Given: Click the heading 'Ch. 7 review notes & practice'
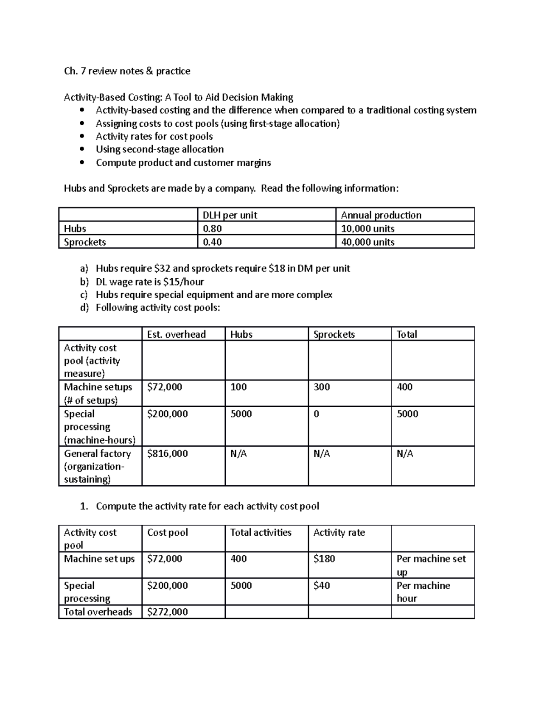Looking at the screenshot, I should coord(127,71).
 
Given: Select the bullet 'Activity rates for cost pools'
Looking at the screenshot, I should coord(154,136).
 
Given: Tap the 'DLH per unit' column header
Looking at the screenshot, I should coord(230,215).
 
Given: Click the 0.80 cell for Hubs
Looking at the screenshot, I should coord(212,228).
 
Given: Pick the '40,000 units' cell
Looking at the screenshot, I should coord(368,242).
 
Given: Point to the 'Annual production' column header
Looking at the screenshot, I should coord(381,215).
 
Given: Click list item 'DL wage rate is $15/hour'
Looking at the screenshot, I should coord(150,281).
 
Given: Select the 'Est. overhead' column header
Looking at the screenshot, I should coord(176,335).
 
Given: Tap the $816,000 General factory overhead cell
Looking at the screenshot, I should coord(167,454).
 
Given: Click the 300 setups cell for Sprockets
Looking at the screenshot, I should coord(321,387).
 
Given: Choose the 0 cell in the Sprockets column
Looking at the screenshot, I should coord(316,414).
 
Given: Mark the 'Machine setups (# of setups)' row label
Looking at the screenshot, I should coord(98,393).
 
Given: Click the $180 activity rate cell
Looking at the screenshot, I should coord(324,558).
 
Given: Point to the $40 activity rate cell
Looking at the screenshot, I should coord(321,585).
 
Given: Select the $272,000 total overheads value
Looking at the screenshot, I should coord(167,611).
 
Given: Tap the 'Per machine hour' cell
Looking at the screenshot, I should coord(423,592).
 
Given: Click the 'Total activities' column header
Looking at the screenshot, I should coord(261,532).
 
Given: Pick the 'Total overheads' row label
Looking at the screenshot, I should coord(98,611).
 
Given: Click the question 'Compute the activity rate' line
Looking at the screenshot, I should coord(207,506).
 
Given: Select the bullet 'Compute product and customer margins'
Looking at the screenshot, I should coord(183,163).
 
